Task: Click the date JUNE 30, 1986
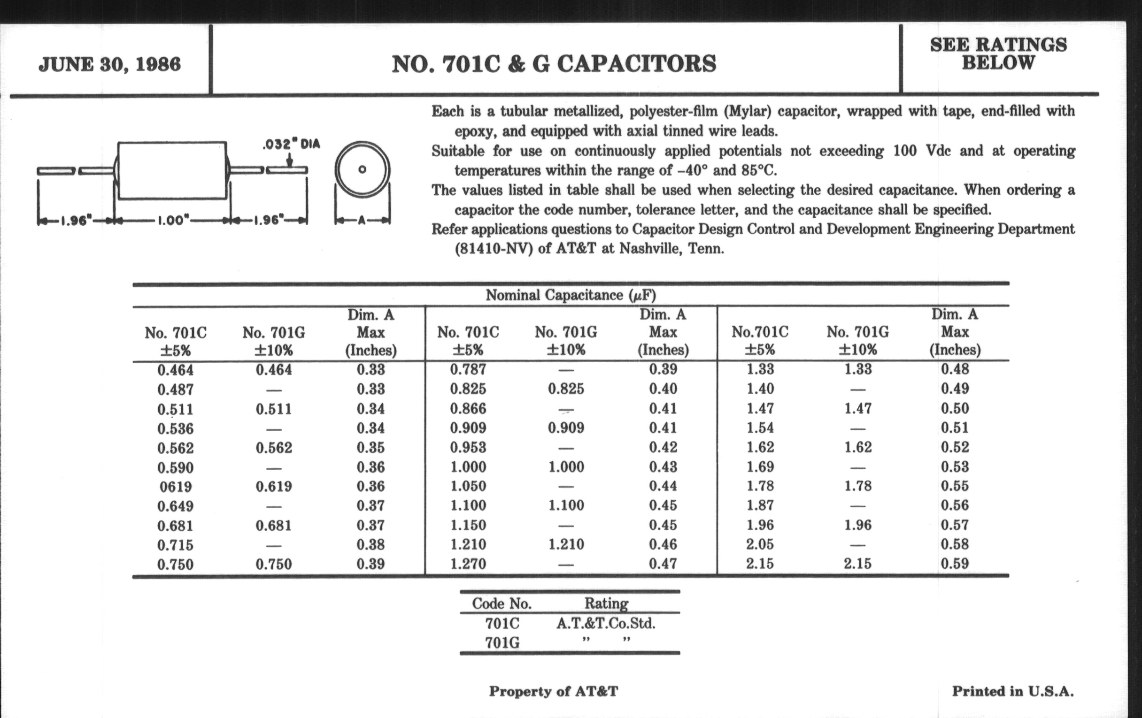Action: pyautogui.click(x=109, y=64)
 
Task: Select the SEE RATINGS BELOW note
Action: pyautogui.click(x=998, y=53)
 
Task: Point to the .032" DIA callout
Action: pyautogui.click(x=291, y=144)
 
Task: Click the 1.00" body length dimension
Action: pyautogui.click(x=173, y=221)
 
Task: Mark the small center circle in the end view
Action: pyautogui.click(x=363, y=169)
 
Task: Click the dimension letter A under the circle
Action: pyautogui.click(x=363, y=221)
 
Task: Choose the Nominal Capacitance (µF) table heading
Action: pyautogui.click(x=571, y=295)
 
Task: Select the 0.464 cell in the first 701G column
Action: pyautogui.click(x=274, y=370)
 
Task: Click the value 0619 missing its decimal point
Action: pyautogui.click(x=176, y=487)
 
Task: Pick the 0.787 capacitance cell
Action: pyautogui.click(x=468, y=369)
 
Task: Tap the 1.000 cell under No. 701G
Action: pyautogui.click(x=566, y=467)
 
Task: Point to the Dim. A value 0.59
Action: pyautogui.click(x=955, y=564)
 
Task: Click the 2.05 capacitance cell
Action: pyautogui.click(x=760, y=544)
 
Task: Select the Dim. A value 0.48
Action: pyautogui.click(x=955, y=369)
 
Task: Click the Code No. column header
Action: pyautogui.click(x=502, y=603)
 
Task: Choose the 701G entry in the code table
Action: pyautogui.click(x=502, y=642)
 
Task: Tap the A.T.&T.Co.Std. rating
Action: pyautogui.click(x=606, y=623)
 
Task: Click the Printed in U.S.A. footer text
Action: pyautogui.click(x=1012, y=691)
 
